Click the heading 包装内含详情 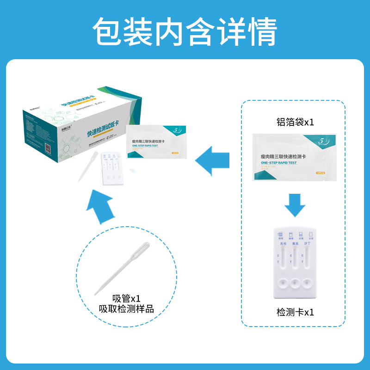pos(185,31)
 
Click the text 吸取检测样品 pos(126,309)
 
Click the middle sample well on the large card pos(294,283)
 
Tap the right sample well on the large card pos(307,283)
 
